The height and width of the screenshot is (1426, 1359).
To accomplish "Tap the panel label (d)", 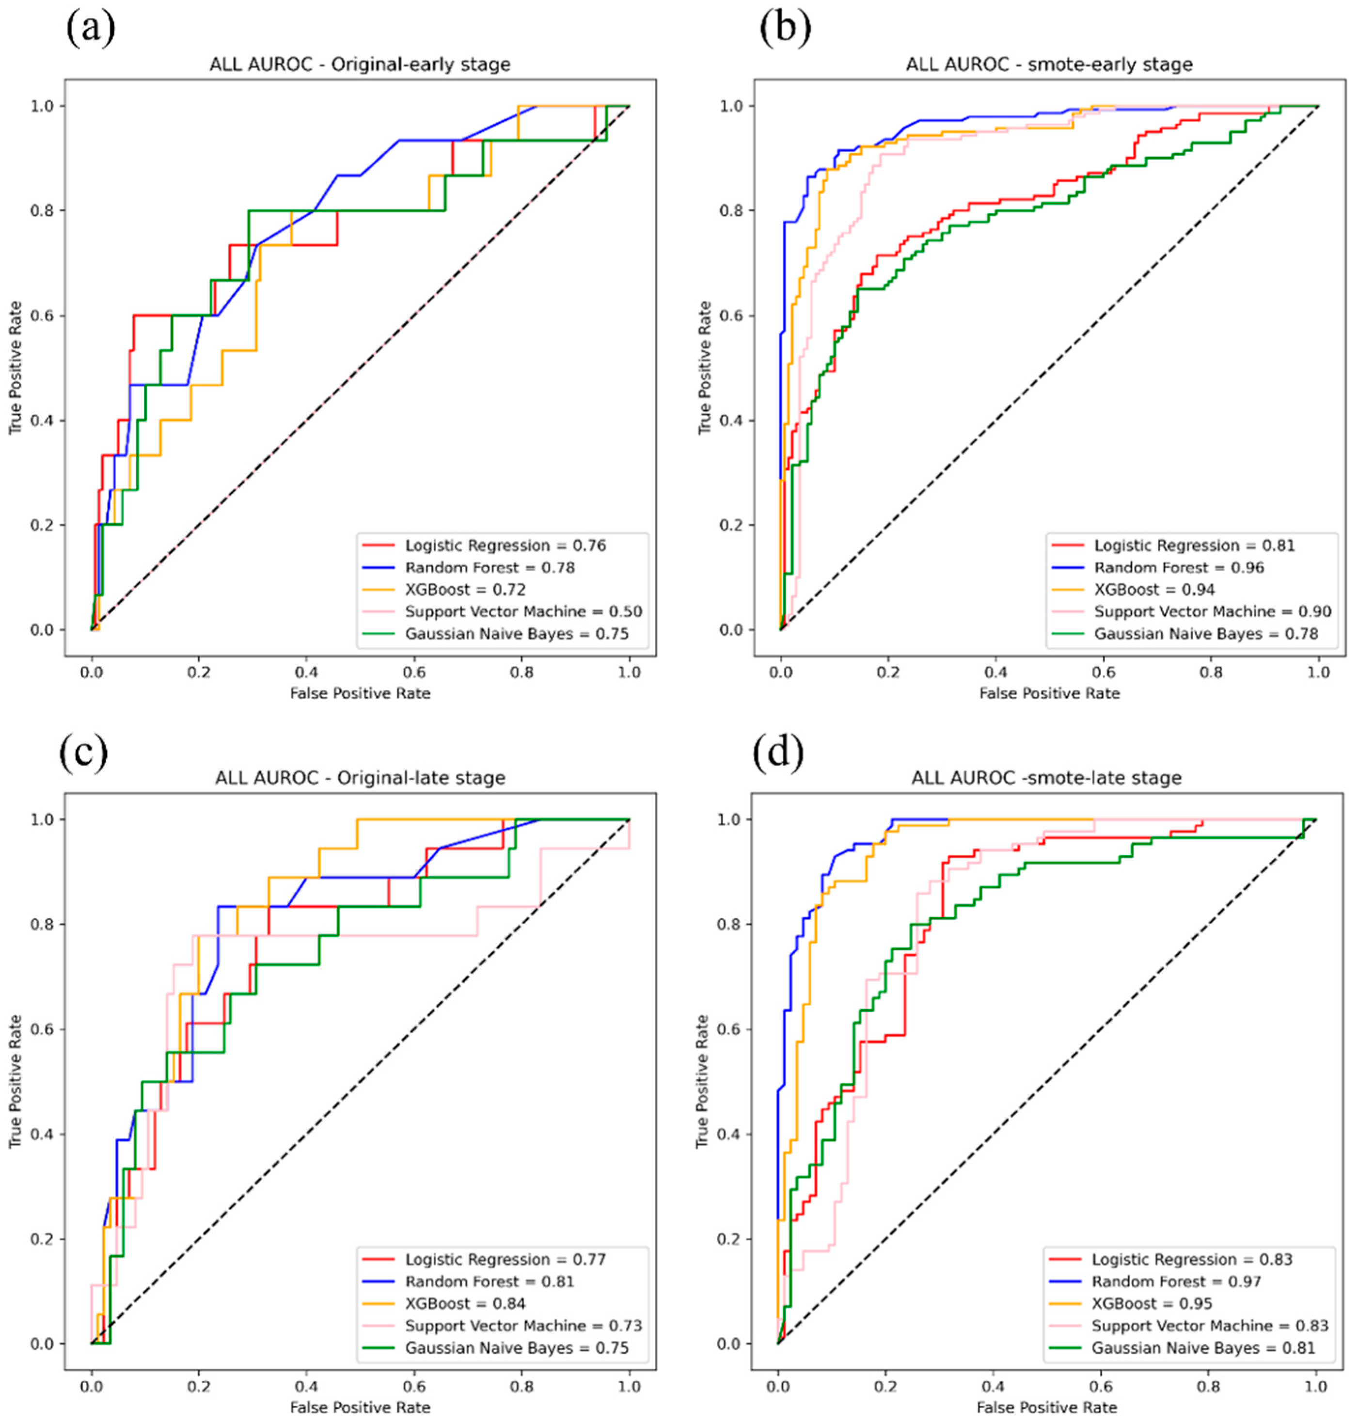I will pos(779,753).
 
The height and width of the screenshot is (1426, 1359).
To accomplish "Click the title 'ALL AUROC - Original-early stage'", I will pos(360,64).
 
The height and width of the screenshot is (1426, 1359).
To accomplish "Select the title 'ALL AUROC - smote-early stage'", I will pos(1049,64).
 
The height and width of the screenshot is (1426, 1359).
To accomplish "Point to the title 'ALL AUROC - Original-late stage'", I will pos(360,778).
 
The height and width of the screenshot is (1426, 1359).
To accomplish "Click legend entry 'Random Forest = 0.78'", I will pos(490,567).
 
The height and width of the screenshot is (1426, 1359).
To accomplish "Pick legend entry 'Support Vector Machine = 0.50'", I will pos(523,611).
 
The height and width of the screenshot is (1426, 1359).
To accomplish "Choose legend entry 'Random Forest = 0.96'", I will pos(1179,567).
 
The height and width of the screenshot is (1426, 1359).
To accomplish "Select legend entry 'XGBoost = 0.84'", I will pos(465,1303).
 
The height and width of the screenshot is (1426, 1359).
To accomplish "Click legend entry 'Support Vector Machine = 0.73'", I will pos(523,1325).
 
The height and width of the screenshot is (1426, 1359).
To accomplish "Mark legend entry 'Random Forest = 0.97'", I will pos(1176,1281).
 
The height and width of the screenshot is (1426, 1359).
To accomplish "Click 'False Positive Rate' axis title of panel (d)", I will pos(1046,1407).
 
